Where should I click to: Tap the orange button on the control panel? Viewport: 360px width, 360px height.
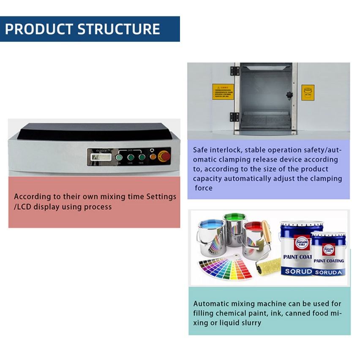point(153,157)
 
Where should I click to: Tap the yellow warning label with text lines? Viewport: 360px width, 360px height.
point(223,92)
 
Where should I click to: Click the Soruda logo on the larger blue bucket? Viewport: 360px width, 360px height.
point(301,242)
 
